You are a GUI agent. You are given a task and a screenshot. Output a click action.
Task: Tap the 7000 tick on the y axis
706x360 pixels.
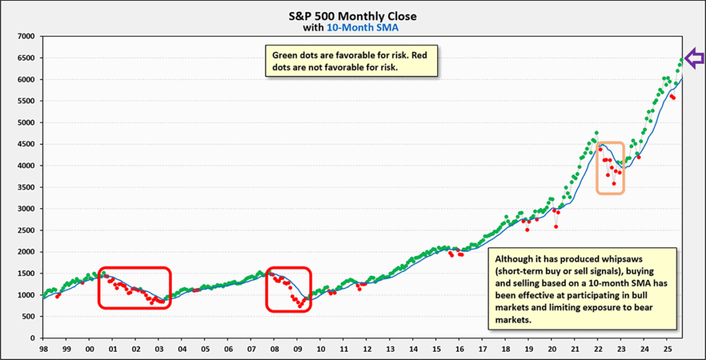(26, 37)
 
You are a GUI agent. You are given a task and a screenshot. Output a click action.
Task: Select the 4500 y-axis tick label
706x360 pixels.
(26, 144)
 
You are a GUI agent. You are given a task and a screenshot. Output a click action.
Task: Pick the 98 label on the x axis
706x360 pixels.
(43, 350)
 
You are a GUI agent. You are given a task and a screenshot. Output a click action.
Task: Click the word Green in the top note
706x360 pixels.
(285, 56)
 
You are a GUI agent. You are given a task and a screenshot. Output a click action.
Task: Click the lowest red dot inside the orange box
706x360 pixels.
(614, 183)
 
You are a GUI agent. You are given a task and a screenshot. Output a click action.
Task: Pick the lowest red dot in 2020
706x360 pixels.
(556, 226)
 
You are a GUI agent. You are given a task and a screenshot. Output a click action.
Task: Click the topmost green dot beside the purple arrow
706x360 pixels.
(682, 60)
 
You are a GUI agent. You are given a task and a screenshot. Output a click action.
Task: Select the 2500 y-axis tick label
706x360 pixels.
(26, 230)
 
